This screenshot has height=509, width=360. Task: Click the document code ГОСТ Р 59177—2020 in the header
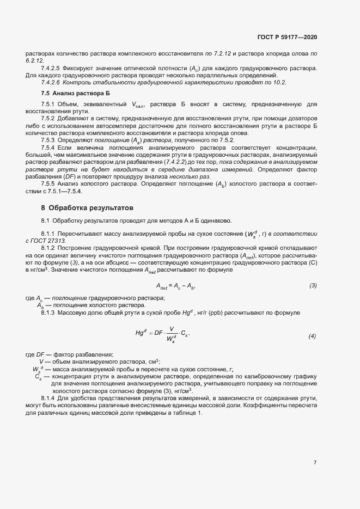click(x=287, y=38)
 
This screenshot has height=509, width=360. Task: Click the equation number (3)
click(x=313, y=286)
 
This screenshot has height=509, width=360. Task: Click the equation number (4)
click(x=312, y=336)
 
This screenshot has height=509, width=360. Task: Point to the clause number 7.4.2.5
click(x=51, y=68)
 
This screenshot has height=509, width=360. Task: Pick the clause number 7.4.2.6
click(x=51, y=82)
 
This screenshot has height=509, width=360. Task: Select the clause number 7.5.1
click(x=48, y=104)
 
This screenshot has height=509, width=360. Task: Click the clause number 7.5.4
click(x=48, y=148)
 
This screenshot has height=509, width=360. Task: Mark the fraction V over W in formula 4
click(x=172, y=333)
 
